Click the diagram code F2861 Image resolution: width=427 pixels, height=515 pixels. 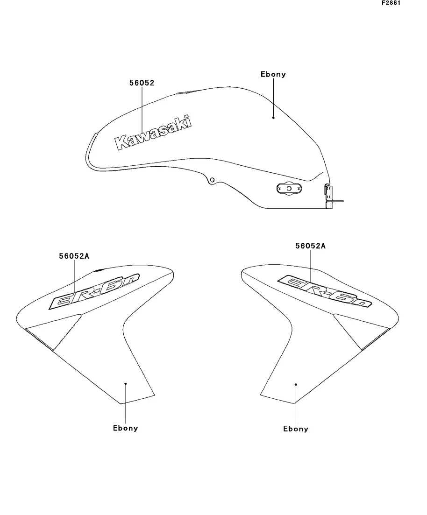click(x=391, y=3)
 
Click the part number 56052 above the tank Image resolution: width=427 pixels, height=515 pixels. click(x=142, y=83)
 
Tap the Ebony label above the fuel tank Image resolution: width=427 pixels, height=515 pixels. click(x=273, y=74)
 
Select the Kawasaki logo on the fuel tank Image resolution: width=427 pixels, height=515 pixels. click(x=153, y=133)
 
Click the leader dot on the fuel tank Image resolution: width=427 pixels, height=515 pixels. click(x=273, y=118)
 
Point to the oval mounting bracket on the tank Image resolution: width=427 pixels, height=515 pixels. click(x=289, y=189)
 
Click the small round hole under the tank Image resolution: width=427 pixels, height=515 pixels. click(x=213, y=180)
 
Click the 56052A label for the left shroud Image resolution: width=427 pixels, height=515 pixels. click(x=74, y=256)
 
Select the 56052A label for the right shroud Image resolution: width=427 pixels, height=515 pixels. click(x=310, y=246)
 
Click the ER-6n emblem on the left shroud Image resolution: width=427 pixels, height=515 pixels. click(x=94, y=291)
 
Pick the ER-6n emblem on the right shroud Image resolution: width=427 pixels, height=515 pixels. click(x=325, y=291)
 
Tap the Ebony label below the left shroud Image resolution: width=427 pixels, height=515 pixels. click(x=125, y=428)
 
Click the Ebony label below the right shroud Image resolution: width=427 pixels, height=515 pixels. click(x=296, y=429)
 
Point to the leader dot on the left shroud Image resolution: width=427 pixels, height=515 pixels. click(x=126, y=384)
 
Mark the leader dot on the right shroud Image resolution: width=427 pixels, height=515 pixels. click(x=296, y=384)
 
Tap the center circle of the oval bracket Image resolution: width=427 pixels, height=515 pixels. click(x=289, y=189)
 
